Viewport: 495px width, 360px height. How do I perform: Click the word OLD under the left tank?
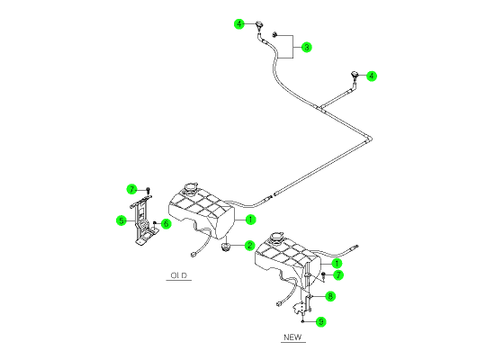pyautogui.click(x=179, y=275)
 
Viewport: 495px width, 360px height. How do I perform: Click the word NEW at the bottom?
pyautogui.click(x=292, y=337)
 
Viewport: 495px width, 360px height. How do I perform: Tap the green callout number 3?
pyautogui.click(x=306, y=48)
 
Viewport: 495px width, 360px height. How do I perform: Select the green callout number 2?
pyautogui.click(x=249, y=246)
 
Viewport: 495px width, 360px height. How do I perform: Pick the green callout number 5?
pyautogui.click(x=121, y=220)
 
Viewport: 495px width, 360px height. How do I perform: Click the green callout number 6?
pyautogui.click(x=166, y=224)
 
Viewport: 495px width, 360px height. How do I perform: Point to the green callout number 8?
pyautogui.click(x=330, y=296)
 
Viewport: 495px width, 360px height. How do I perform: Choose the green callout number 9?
pyautogui.click(x=321, y=322)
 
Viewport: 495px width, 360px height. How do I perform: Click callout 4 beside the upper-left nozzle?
pyautogui.click(x=239, y=23)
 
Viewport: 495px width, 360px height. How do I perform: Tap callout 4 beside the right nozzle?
pyautogui.click(x=372, y=76)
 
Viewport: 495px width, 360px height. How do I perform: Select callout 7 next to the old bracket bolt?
pyautogui.click(x=132, y=190)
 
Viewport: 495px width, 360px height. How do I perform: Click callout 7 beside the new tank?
pyautogui.click(x=338, y=275)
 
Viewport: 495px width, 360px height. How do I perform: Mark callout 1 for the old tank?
pyautogui.click(x=250, y=220)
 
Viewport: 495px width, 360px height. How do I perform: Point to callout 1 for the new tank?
pyautogui.click(x=337, y=263)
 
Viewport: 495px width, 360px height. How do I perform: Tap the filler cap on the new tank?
pyautogui.click(x=276, y=237)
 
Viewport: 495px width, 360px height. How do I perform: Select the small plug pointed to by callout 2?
pyautogui.click(x=225, y=247)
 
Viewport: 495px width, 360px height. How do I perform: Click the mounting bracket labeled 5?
pyautogui.click(x=144, y=220)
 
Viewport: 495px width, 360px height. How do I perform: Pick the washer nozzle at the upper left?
pyautogui.click(x=259, y=25)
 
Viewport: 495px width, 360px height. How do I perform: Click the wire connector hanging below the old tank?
pyautogui.click(x=193, y=254)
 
